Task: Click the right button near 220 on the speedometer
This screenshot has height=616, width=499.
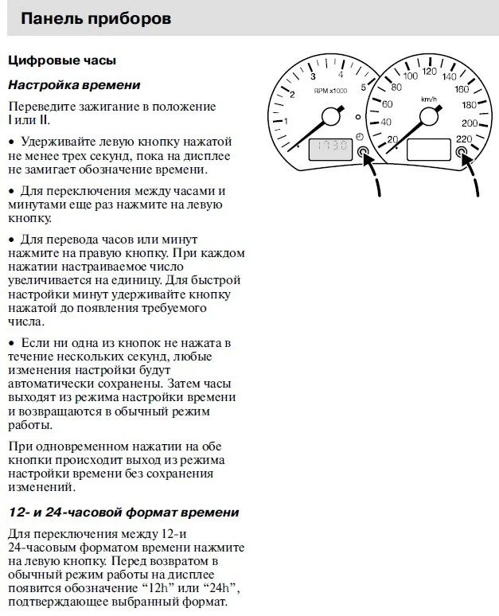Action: point(462,151)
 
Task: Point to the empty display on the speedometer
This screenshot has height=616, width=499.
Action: point(430,149)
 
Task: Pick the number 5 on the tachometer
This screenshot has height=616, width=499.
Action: point(363,88)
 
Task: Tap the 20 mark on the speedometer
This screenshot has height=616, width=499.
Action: point(392,140)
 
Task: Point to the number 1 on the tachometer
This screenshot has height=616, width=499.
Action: point(286,121)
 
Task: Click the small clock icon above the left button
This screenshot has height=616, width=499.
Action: point(360,137)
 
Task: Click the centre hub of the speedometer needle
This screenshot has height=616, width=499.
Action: point(430,117)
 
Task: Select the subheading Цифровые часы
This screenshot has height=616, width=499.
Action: point(61,60)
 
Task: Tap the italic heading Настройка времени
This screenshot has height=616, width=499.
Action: point(74,84)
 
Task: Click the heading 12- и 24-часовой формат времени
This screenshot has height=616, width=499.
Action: point(123,512)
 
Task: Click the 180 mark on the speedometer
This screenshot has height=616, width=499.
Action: point(469,105)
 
